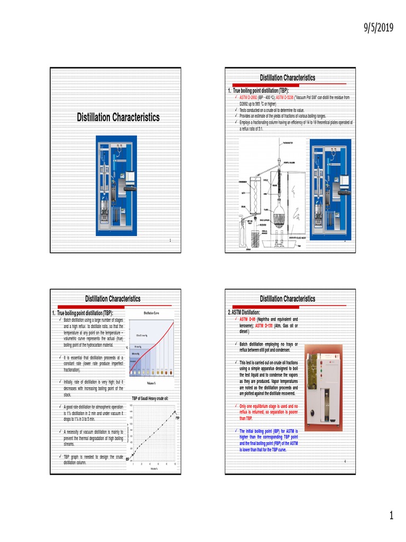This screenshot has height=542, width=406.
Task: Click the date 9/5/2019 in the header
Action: click(379, 28)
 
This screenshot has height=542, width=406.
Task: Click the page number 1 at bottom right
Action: click(391, 516)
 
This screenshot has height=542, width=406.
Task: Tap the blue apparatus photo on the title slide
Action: click(116, 185)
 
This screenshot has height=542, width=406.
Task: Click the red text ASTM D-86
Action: click(248, 320)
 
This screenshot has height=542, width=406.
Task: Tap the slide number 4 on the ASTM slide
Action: click(344, 462)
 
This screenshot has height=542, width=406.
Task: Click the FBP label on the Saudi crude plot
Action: click(178, 418)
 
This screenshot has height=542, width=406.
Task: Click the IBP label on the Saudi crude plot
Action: click(127, 459)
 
